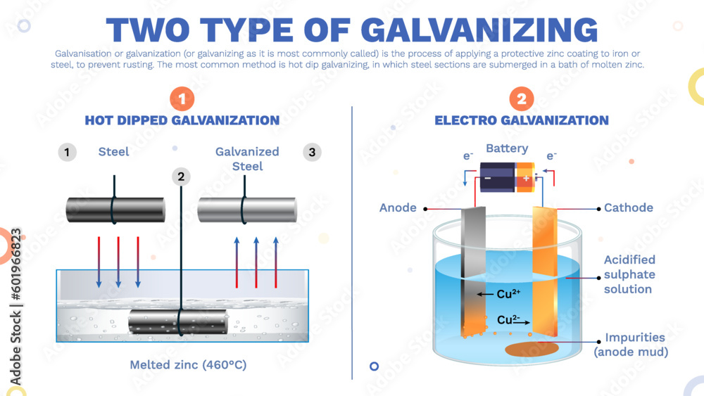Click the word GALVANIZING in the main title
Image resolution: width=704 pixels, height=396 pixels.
click(479, 30)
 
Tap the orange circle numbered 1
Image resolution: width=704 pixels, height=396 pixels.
click(182, 99)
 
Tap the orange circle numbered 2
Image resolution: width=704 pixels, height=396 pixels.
click(521, 99)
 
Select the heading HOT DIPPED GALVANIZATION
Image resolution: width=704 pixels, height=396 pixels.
click(182, 120)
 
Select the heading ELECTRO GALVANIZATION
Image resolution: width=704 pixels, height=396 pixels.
click(521, 120)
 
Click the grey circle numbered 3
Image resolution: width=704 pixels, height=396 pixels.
click(312, 152)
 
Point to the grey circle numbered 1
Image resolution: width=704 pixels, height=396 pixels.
click(67, 152)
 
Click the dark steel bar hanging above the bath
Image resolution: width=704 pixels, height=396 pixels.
click(115, 210)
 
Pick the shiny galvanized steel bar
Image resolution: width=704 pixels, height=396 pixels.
click(246, 210)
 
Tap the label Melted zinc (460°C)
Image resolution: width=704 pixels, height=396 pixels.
click(188, 365)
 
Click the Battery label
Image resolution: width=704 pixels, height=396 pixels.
click(507, 148)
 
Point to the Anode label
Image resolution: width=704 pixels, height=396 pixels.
click(398, 207)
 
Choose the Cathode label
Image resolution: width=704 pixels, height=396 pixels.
click(629, 207)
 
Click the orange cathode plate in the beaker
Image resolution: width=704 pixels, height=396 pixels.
click(545, 267)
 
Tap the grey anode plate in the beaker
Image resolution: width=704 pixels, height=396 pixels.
click(472, 267)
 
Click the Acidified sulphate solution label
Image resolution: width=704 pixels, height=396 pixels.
click(629, 274)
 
